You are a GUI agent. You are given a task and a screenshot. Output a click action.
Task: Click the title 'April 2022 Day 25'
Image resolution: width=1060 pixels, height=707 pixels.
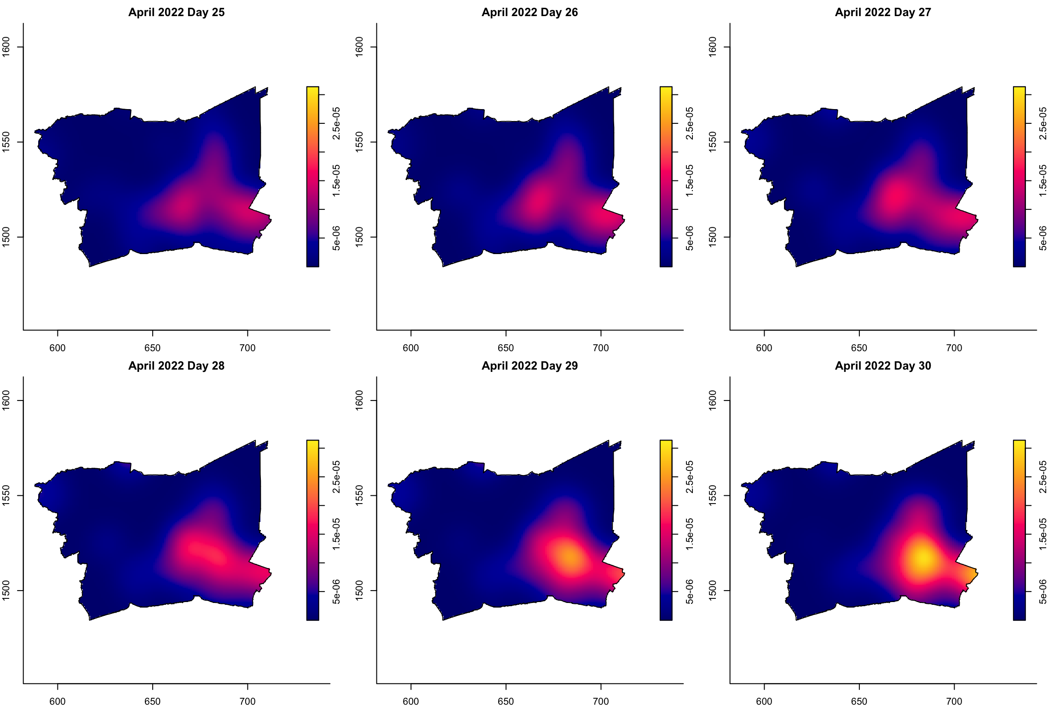click(176, 12)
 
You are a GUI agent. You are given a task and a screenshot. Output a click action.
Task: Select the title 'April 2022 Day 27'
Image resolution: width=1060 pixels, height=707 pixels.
click(883, 12)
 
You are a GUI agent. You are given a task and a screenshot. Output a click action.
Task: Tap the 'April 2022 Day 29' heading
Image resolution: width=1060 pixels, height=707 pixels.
click(530, 366)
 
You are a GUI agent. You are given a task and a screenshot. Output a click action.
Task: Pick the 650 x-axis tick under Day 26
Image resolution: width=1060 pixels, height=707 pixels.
click(506, 348)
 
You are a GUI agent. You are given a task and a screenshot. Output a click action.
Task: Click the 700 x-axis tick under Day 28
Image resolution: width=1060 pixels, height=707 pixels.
click(248, 701)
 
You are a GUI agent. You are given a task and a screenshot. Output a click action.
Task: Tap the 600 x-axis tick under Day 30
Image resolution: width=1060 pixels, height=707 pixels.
click(764, 701)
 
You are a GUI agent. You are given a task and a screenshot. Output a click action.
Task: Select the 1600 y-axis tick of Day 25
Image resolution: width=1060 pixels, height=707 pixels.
click(6, 47)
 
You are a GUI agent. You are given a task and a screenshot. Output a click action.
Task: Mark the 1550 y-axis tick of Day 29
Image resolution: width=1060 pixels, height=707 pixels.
click(360, 495)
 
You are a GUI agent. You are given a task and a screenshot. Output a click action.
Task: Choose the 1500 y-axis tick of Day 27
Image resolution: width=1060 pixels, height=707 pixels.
click(713, 237)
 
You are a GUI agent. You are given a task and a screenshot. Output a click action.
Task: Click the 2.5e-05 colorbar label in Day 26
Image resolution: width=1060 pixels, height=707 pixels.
click(689, 123)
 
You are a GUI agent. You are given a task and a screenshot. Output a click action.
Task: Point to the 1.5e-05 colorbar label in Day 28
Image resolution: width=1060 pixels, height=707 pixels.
click(336, 534)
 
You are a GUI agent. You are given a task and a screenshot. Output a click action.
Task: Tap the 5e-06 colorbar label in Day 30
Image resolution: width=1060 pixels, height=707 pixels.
click(1043, 591)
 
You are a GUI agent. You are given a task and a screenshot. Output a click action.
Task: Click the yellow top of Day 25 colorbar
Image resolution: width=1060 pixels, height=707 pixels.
click(312, 90)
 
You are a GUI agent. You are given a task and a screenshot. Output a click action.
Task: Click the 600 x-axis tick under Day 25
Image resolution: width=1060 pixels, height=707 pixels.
click(58, 348)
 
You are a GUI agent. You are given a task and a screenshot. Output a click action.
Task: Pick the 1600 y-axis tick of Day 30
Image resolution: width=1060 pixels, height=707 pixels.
click(713, 400)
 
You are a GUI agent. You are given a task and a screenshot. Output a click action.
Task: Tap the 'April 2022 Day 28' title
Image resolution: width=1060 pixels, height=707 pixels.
click(176, 366)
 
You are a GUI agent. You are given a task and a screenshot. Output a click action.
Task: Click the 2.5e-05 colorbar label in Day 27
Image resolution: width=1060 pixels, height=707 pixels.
click(1043, 123)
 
